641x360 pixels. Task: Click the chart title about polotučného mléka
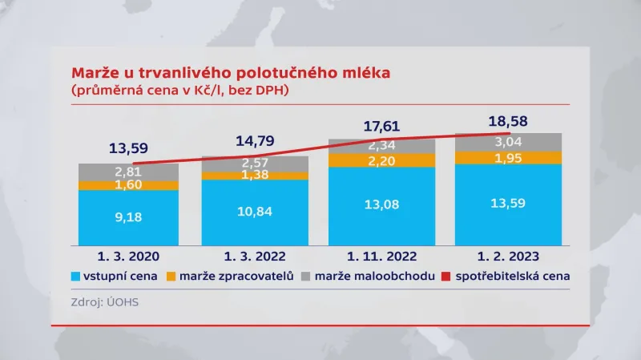pyautogui.click(x=231, y=73)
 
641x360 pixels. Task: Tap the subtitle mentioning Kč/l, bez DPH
pyautogui.click(x=180, y=91)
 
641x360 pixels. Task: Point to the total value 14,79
pyautogui.click(x=256, y=141)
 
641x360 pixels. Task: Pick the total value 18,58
pyautogui.click(x=507, y=120)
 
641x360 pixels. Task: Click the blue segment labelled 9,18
pyautogui.click(x=128, y=216)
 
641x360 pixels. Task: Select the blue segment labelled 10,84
pyautogui.click(x=255, y=212)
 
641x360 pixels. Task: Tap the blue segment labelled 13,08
pyautogui.click(x=381, y=205)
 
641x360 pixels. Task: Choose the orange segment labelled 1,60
pyautogui.click(x=128, y=185)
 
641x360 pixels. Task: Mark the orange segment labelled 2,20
pyautogui.click(x=381, y=160)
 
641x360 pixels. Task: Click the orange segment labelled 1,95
pyautogui.click(x=507, y=158)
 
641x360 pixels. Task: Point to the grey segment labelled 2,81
pyautogui.click(x=128, y=172)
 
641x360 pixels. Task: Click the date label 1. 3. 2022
pyautogui.click(x=255, y=257)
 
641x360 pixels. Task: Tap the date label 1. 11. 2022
pyautogui.click(x=381, y=257)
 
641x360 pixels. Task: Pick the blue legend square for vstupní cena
pyautogui.click(x=77, y=276)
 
